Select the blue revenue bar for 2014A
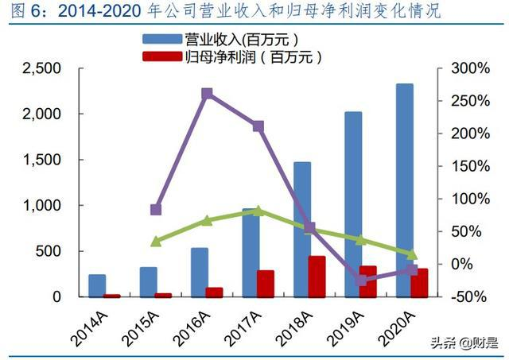(97, 285)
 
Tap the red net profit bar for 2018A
(317, 276)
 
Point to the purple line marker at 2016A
(207, 94)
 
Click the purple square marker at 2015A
(156, 210)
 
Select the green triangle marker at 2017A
(258, 211)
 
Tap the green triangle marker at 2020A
(412, 254)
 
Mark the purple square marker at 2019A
(361, 280)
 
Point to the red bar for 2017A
(265, 283)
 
